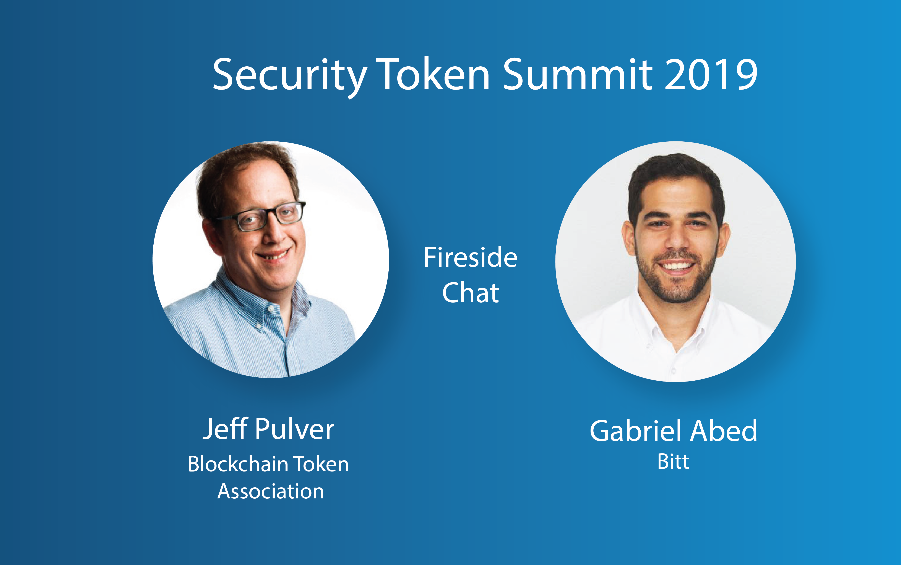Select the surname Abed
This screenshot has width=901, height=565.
click(724, 431)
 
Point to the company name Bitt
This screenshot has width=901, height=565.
click(673, 462)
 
